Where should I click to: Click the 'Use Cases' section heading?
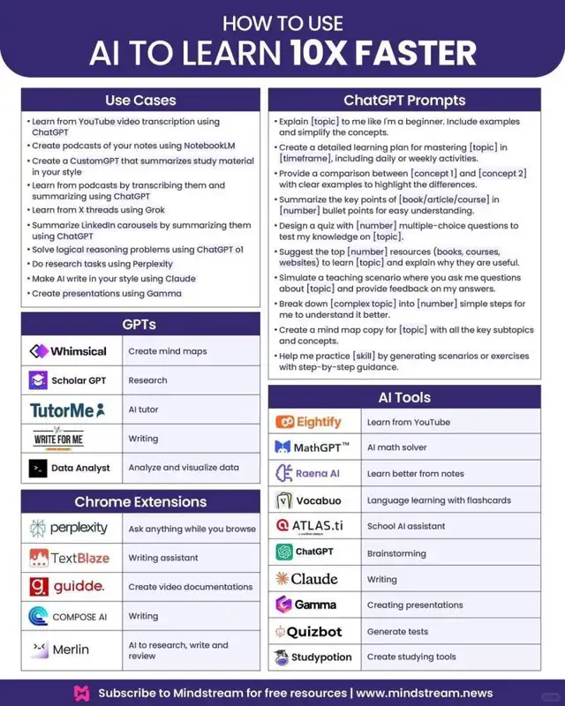[140, 101]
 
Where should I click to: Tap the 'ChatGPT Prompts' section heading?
[404, 101]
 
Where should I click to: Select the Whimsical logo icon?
[38, 351]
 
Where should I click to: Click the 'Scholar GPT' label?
[79, 380]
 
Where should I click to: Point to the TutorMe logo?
[67, 409]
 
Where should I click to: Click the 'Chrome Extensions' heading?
[140, 502]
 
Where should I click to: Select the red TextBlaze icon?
[38, 558]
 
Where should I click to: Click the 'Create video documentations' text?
[191, 587]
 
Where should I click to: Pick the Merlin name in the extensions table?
[71, 650]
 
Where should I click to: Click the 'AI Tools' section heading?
[404, 398]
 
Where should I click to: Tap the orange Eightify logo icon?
[284, 423]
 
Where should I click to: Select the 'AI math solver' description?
[396, 447]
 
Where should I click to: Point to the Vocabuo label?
[319, 500]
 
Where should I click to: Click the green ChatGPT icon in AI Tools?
[284, 552]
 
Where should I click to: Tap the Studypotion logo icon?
[282, 657]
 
